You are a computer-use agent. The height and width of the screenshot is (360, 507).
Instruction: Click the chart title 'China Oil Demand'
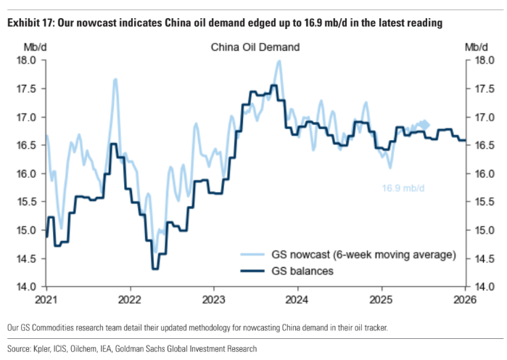(255, 48)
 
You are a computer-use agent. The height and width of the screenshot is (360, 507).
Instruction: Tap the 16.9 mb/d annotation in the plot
(403, 189)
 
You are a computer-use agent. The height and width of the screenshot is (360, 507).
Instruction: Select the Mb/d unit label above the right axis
(476, 47)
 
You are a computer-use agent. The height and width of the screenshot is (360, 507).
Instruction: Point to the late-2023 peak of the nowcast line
(279, 61)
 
